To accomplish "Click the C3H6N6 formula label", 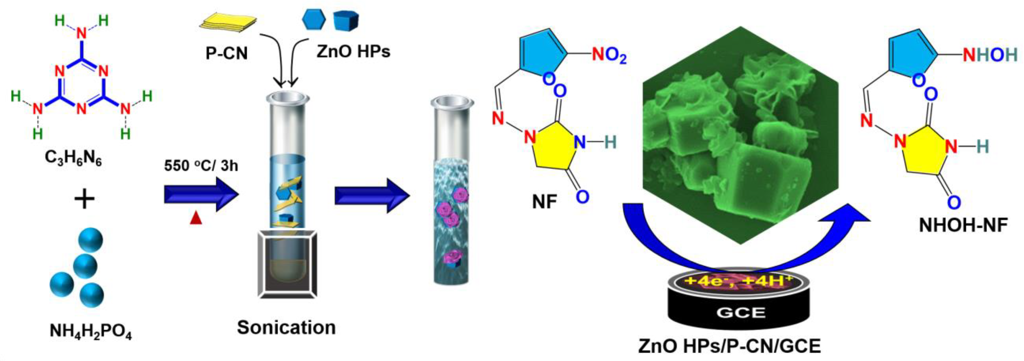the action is (73, 158).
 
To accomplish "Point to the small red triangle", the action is (196, 219).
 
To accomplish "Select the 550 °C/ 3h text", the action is (201, 165).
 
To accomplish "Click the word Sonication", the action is (286, 328).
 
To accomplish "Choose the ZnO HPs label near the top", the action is (353, 51).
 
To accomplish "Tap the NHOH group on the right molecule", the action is (990, 55).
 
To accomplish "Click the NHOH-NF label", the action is (963, 225).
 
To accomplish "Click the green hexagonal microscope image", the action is (740, 147).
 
